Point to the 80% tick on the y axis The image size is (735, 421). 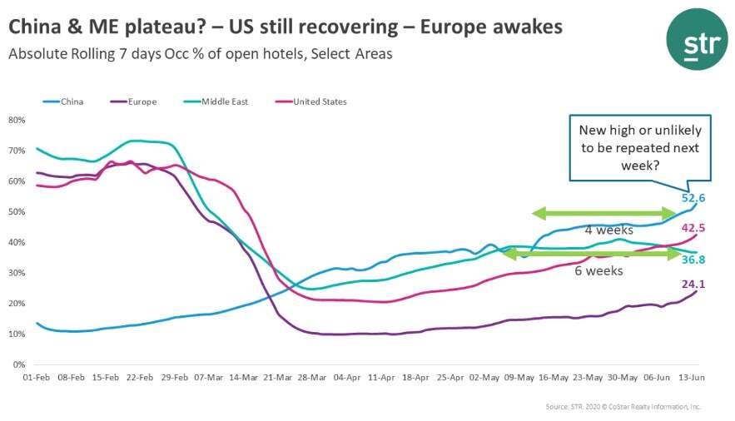click(x=17, y=120)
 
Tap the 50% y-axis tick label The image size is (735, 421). click(x=17, y=211)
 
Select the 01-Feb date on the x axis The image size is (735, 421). click(x=37, y=377)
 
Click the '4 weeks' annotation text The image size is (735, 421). click(x=608, y=229)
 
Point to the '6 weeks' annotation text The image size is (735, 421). click(x=598, y=270)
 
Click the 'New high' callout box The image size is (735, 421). click(x=640, y=147)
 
